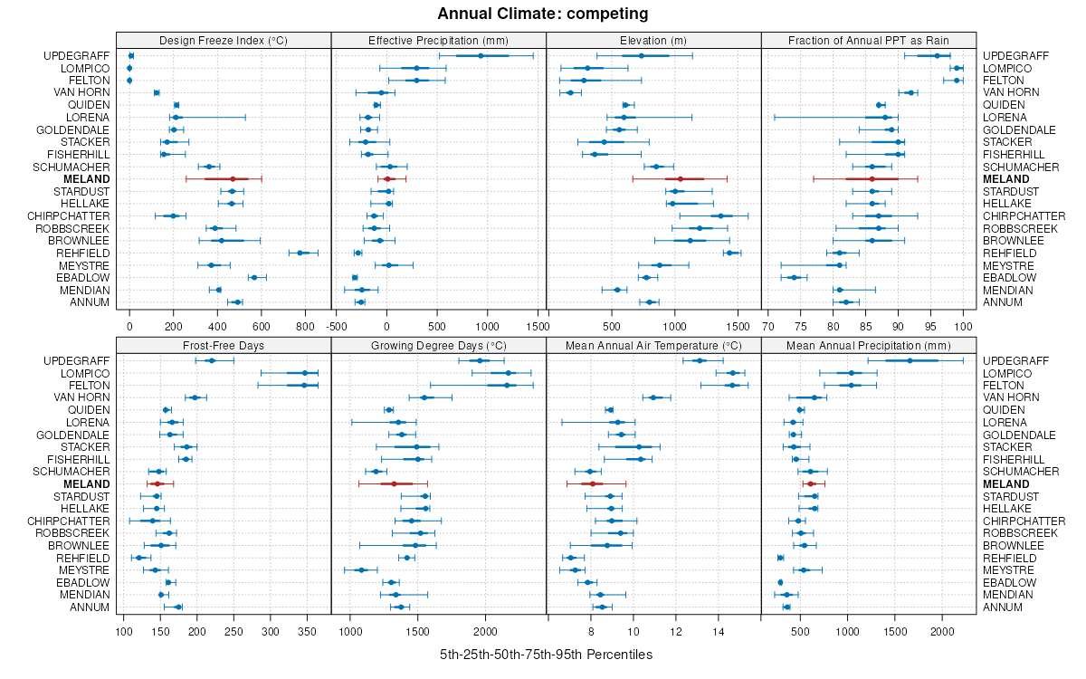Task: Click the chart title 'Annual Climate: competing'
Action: (543, 14)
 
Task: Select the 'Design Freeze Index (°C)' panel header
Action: (224, 40)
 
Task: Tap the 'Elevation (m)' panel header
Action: (653, 40)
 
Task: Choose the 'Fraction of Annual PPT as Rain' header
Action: (869, 40)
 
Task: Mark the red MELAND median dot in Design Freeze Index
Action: (233, 179)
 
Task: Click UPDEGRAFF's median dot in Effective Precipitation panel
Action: (481, 56)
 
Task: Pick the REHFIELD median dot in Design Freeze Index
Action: (300, 253)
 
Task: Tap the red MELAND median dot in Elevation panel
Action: (681, 179)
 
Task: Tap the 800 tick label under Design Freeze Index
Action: (305, 326)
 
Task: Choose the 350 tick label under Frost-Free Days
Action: (307, 630)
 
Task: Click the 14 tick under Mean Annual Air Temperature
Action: (718, 630)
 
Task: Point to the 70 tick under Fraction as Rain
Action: (768, 326)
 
